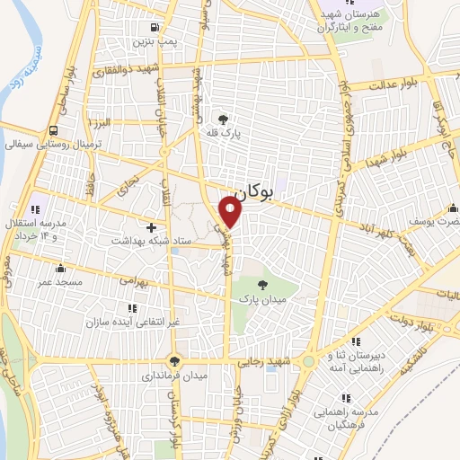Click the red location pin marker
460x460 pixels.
pos(232,213)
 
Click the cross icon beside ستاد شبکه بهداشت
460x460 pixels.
pos(151,227)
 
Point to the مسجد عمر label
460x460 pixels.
pos(59,281)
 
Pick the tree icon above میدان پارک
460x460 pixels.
pos(261,283)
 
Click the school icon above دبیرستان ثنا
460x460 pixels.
pos(357,341)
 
